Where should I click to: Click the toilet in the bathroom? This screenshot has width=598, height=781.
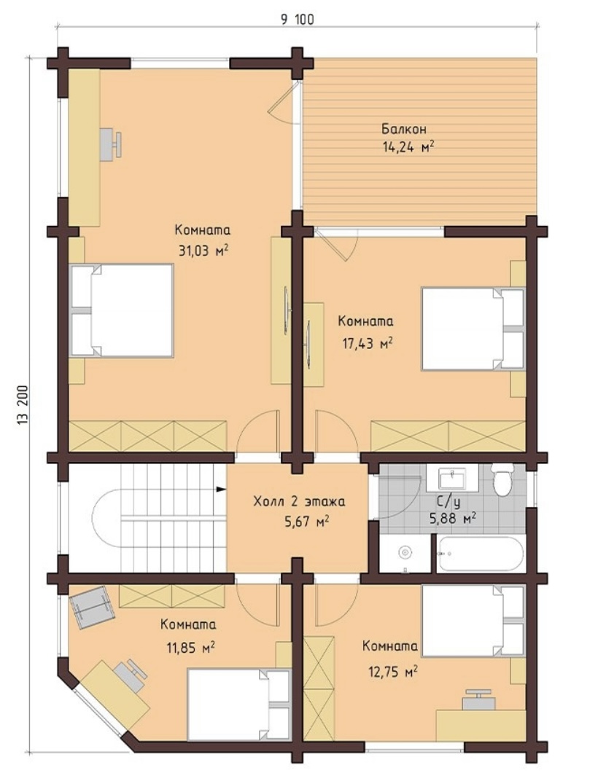point(502,479)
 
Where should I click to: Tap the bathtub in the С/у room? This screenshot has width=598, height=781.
point(481,554)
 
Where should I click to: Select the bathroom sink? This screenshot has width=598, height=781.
point(452,478)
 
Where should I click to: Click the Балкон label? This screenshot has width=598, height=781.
point(404,130)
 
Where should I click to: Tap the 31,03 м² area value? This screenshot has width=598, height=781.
point(203,250)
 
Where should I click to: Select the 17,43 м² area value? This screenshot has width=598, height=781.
point(366,343)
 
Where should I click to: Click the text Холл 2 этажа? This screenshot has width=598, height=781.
point(299,501)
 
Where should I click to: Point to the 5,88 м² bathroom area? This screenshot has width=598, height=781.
point(452,518)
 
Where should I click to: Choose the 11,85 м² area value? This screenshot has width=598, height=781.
point(190,647)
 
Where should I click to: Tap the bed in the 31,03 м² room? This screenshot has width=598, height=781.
point(122,310)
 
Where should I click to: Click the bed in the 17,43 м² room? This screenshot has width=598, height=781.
point(473,329)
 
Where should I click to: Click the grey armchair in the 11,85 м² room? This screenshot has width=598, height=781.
point(93,608)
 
